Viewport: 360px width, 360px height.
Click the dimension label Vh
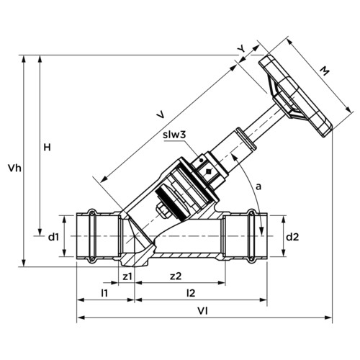coord(14,168)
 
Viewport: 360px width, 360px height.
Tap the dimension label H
coord(47,147)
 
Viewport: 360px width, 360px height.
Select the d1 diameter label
coord(53,237)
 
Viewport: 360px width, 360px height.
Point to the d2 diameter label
coord(292,237)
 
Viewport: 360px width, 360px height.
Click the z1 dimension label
coord(127,276)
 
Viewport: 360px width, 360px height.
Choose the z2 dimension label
coord(176,276)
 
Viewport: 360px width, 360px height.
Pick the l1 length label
coord(104,293)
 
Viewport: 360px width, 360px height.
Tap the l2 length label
coord(191,293)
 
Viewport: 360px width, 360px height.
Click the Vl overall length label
coord(202,311)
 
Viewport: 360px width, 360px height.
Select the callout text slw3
coord(174,135)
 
